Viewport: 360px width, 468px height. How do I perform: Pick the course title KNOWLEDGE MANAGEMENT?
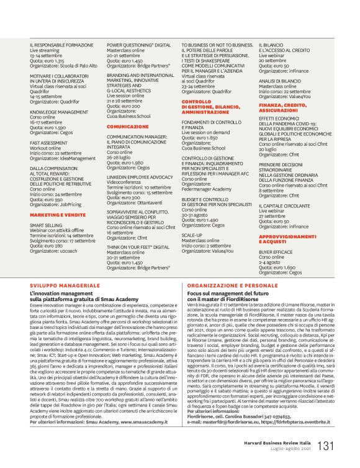click(59, 112)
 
